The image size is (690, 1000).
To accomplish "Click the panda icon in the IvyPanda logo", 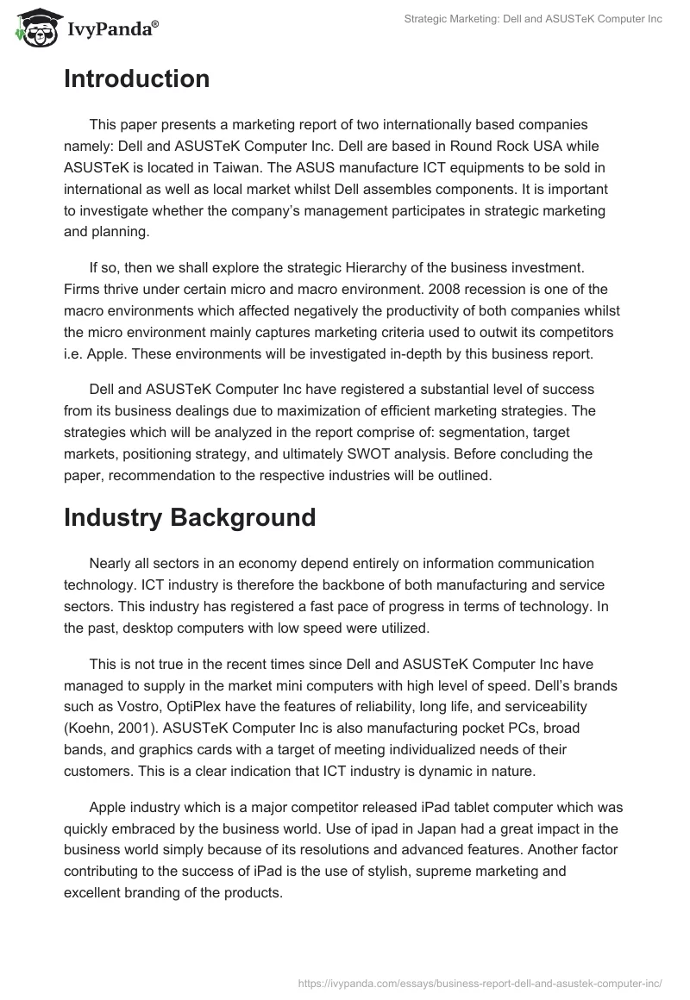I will pyautogui.click(x=33, y=29).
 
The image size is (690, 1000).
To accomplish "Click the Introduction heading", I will pyautogui.click(x=136, y=79).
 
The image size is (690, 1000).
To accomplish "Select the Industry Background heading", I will pyautogui.click(x=190, y=517).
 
